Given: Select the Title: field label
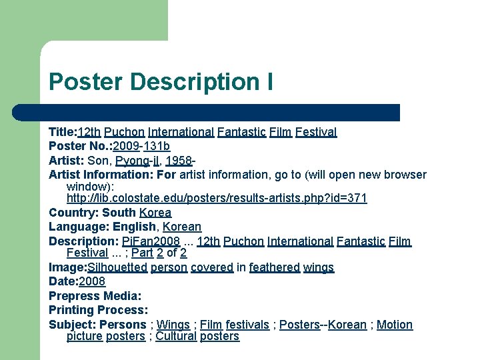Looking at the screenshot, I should pos(63,132).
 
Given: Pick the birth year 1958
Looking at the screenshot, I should pos(179,161).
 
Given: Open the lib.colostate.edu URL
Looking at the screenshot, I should pos(217,199).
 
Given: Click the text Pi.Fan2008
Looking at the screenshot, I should pos(151,241).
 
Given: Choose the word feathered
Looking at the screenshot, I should pos(274,267).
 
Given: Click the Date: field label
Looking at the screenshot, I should pos(63,281).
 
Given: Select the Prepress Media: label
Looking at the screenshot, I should pos(95,296).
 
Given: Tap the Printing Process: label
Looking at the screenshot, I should pos(98,310).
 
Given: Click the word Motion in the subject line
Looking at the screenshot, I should pos(395,325).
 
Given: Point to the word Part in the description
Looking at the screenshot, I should pos(142,253).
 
